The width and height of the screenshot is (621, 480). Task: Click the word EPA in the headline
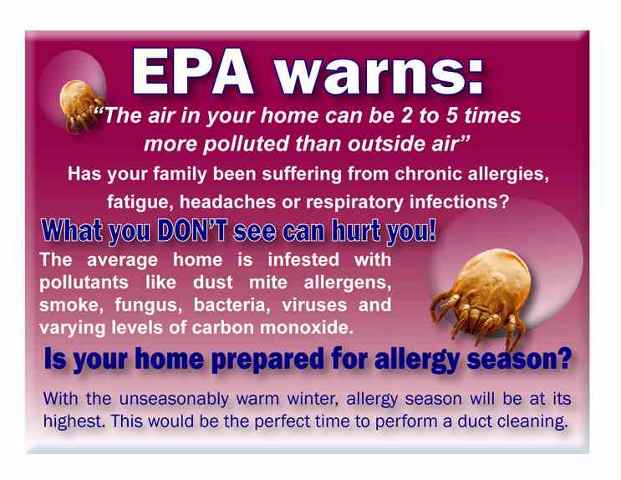coord(193,71)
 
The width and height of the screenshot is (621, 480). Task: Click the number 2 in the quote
coord(406,115)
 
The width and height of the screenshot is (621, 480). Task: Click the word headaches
coord(227,202)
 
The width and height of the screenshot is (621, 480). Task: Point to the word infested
coord(303,260)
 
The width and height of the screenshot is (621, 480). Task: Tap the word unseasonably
coord(174,399)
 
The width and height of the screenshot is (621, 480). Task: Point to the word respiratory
coord(354,203)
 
